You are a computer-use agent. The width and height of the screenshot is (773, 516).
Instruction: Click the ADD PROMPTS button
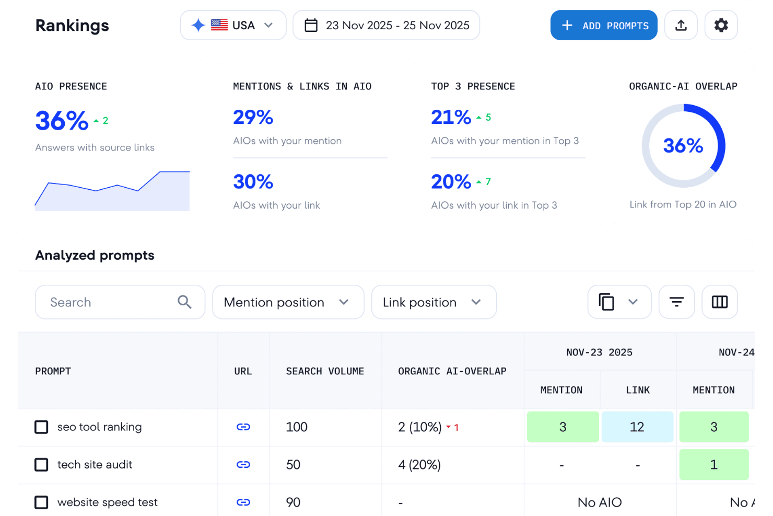pyautogui.click(x=604, y=25)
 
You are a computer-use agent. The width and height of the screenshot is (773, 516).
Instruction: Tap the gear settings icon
pyautogui.click(x=721, y=25)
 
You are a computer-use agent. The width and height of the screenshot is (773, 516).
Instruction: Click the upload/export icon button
pyautogui.click(x=681, y=25)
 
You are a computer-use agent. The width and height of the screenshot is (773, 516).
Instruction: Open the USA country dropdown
pyautogui.click(x=233, y=25)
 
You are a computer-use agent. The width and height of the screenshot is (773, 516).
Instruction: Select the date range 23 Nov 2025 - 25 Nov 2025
pyautogui.click(x=386, y=25)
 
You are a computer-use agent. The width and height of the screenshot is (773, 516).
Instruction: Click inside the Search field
pyautogui.click(x=112, y=302)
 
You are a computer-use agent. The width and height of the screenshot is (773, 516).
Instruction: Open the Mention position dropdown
pyautogui.click(x=288, y=302)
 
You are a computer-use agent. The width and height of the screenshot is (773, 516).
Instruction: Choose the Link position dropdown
pyautogui.click(x=434, y=302)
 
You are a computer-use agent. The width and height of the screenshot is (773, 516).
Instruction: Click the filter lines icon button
pyautogui.click(x=676, y=302)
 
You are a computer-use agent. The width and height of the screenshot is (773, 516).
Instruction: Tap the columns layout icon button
pyautogui.click(x=719, y=302)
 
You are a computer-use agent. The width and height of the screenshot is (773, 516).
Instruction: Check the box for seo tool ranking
pyautogui.click(x=41, y=427)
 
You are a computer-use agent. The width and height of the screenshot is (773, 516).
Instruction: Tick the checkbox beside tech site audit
pyautogui.click(x=41, y=465)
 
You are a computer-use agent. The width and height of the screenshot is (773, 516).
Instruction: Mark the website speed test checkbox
pyautogui.click(x=41, y=502)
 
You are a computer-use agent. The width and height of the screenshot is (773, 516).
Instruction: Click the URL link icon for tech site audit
pyautogui.click(x=243, y=465)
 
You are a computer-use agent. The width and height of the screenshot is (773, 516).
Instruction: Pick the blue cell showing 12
pyautogui.click(x=637, y=427)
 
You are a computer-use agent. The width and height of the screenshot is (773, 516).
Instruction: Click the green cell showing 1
pyautogui.click(x=713, y=465)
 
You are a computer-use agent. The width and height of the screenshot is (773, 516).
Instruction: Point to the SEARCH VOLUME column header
pyautogui.click(x=325, y=371)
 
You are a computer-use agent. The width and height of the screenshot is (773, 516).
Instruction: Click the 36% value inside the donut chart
pyautogui.click(x=683, y=146)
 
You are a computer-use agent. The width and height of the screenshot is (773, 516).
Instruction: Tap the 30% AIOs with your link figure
pyautogui.click(x=253, y=182)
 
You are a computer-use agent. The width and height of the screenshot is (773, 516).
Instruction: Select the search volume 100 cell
pyautogui.click(x=297, y=427)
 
